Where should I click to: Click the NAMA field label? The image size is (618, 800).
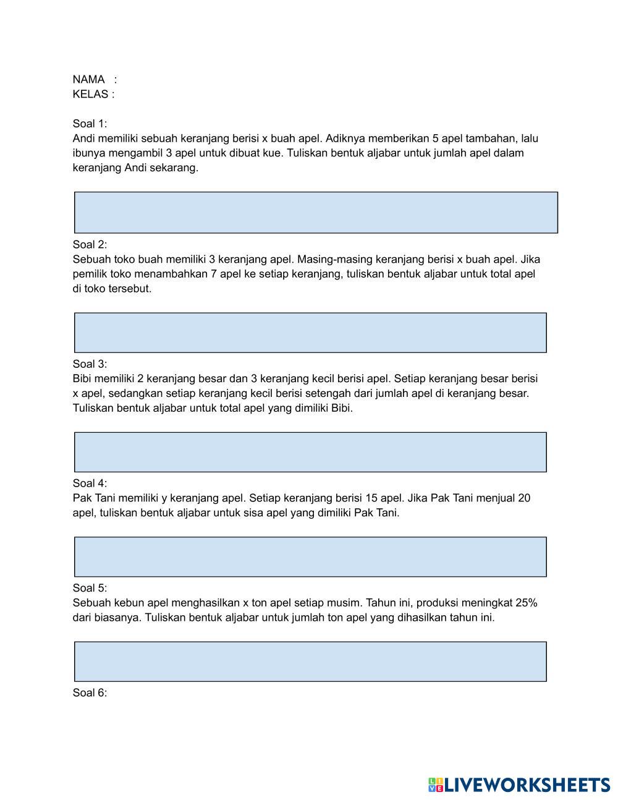pyautogui.click(x=88, y=80)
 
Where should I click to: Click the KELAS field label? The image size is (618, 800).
pyautogui.click(x=91, y=95)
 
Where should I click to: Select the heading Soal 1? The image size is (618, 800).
pyautogui.click(x=90, y=124)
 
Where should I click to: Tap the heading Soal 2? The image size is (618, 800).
pyautogui.click(x=90, y=244)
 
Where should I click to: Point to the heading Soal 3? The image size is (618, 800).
pyautogui.click(x=90, y=364)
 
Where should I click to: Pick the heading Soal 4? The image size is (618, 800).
pyautogui.click(x=90, y=483)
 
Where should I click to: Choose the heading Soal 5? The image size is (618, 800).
pyautogui.click(x=90, y=588)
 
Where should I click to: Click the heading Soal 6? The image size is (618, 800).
pyautogui.click(x=90, y=692)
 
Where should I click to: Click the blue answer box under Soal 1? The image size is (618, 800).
pyautogui.click(x=316, y=212)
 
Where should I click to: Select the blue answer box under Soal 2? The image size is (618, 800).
pyautogui.click(x=310, y=333)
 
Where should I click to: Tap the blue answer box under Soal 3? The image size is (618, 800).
pyautogui.click(x=310, y=452)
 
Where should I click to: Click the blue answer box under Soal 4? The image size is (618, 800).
pyautogui.click(x=310, y=556)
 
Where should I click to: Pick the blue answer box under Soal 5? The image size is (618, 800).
pyautogui.click(x=310, y=662)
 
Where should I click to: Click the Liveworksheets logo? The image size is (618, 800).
pyautogui.click(x=519, y=785)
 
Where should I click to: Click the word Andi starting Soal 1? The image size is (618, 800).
pyautogui.click(x=83, y=138)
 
